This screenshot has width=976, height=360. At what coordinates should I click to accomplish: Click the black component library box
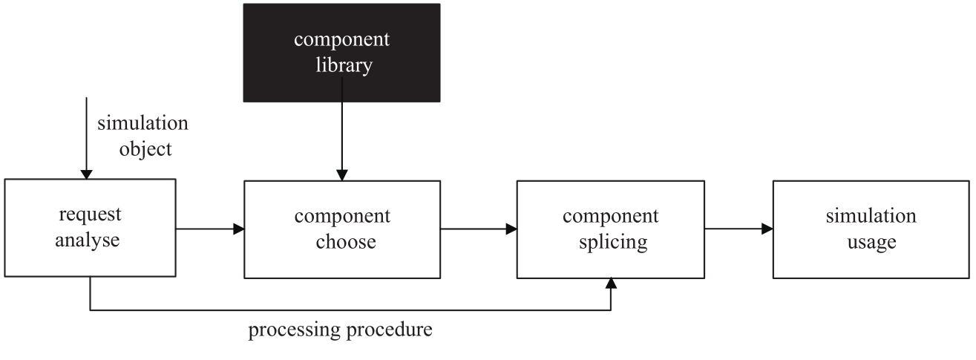click(341, 53)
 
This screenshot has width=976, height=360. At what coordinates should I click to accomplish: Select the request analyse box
click(91, 228)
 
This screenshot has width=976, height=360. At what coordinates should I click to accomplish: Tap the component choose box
click(342, 229)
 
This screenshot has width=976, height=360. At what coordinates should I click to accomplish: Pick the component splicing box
click(610, 229)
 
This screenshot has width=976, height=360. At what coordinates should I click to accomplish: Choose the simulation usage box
click(871, 229)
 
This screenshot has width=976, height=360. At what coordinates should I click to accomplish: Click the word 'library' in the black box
click(344, 65)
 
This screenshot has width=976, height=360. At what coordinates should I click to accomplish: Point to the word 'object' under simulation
click(145, 149)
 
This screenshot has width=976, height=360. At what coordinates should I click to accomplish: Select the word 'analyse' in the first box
click(87, 240)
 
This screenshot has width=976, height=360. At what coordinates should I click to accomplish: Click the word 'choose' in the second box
click(346, 242)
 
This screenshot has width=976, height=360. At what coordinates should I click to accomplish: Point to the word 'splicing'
click(613, 242)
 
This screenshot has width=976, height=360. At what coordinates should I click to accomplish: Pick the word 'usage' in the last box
click(872, 242)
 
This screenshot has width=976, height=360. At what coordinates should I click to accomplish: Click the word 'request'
click(91, 215)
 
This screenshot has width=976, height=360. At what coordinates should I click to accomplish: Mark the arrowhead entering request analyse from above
click(86, 174)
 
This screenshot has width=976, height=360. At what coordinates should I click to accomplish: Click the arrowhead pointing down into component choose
click(342, 175)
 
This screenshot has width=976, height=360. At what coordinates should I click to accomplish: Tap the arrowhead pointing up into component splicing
click(611, 284)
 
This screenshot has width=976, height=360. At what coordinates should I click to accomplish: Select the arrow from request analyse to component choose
click(210, 229)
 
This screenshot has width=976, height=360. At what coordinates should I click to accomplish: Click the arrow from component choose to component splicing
click(479, 229)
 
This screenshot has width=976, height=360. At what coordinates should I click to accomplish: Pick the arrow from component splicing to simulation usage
click(738, 229)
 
